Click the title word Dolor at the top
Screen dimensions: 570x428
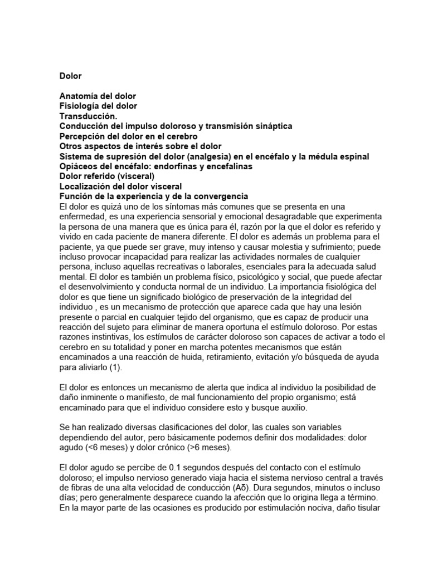(x=70, y=76)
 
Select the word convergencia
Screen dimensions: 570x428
(x=221, y=197)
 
